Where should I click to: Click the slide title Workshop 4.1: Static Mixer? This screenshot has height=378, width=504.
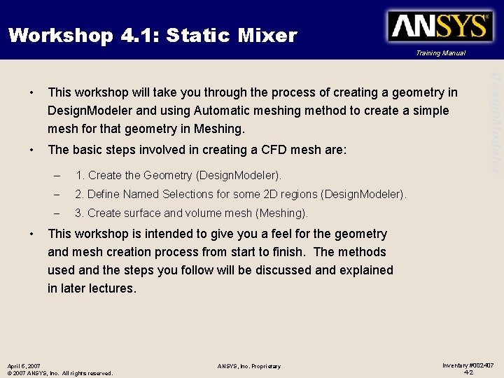[x=153, y=35]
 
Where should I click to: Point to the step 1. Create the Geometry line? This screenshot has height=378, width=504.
[x=178, y=175]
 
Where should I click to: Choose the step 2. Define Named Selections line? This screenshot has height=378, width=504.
[x=240, y=194]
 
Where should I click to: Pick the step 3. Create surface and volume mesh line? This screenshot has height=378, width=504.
[x=191, y=213]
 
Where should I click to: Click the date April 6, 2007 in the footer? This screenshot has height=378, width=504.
[x=24, y=365]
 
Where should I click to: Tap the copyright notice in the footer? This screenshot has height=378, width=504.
[x=59, y=373]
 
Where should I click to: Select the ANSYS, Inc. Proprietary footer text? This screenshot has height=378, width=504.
[x=248, y=366]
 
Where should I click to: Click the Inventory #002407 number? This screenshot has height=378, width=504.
[x=468, y=365]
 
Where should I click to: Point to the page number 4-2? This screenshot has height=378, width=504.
[x=468, y=372]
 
